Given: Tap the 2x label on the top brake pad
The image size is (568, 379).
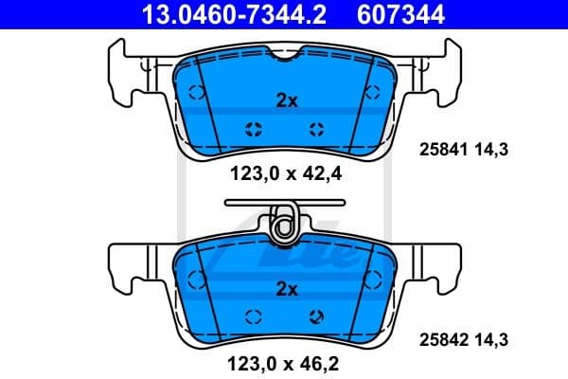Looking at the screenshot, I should click(284, 100).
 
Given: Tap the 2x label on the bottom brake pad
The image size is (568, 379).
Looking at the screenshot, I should click(284, 289).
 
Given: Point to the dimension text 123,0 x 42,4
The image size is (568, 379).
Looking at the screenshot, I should click(284, 172).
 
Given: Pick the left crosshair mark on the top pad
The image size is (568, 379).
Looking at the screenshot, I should click(253, 131).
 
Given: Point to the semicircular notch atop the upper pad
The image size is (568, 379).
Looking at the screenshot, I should click(284, 58).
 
